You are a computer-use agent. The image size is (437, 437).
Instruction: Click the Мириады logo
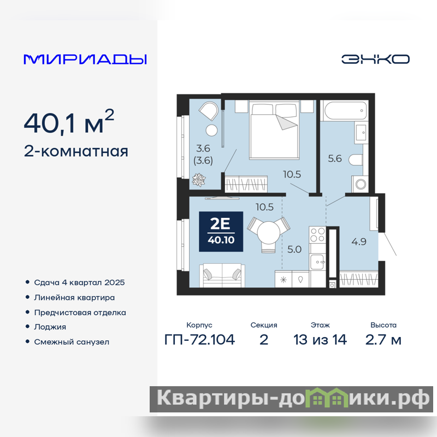point(85,59)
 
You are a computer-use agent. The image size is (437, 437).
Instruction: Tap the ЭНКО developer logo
point(375,59)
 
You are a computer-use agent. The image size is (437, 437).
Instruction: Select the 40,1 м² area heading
point(69,122)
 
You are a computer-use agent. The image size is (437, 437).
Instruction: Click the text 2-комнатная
point(76,152)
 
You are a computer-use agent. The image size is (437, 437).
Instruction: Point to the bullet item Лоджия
point(50,327)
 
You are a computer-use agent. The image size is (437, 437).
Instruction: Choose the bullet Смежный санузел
point(72,342)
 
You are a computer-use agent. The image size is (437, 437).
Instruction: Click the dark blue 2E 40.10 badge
point(221,232)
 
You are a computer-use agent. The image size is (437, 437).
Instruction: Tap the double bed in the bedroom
point(274,130)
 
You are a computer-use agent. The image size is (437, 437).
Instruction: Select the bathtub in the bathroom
point(345,111)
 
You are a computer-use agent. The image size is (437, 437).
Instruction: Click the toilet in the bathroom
point(356,160)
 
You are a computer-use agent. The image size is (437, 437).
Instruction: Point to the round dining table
point(269,233)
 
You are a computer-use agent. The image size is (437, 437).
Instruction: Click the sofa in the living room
point(222,275)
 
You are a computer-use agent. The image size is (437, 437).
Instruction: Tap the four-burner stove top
point(317,235)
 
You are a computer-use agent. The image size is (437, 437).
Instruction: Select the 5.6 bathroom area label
point(335,158)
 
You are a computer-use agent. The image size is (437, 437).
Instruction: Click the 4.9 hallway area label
point(359,241)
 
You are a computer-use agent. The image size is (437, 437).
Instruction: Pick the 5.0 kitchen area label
point(294,249)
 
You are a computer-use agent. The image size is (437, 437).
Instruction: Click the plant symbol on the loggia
point(199,180)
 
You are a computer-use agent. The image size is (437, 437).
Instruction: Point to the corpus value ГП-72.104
point(199,340)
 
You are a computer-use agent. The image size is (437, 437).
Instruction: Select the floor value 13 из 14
point(320,340)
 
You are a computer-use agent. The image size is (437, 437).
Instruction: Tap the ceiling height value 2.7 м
point(383,340)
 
